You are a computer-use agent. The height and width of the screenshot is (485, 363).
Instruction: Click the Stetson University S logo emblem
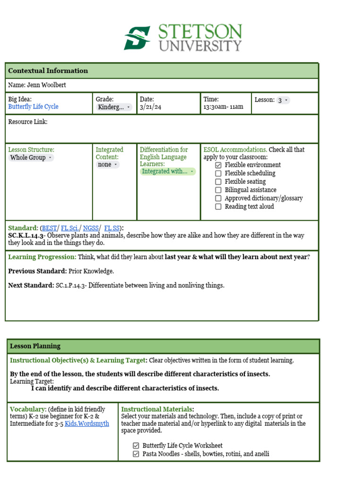137,38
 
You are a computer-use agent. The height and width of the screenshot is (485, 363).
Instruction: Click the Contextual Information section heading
48,71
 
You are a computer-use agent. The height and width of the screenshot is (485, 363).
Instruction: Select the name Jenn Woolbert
37,85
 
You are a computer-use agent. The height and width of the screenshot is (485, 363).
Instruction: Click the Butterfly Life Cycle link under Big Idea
33,107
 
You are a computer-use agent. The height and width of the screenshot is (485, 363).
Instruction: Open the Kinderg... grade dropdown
114,107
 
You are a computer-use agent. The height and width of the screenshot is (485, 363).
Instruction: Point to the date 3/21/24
150,107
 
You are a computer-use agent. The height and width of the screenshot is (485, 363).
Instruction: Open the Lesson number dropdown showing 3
283,100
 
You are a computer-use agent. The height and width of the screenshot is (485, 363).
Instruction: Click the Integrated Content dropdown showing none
108,164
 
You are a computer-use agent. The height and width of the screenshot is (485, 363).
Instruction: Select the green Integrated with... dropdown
168,171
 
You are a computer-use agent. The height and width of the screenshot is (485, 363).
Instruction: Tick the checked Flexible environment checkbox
218,165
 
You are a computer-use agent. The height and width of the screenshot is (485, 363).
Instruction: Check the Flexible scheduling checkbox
218,173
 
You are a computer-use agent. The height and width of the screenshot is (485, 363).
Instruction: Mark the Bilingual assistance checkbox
218,190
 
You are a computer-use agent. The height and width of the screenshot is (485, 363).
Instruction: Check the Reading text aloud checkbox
218,207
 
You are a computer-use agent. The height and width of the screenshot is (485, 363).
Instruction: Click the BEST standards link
49,228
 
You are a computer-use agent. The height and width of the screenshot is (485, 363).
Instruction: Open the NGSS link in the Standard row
91,228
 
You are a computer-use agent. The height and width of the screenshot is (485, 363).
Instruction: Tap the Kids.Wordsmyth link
86,423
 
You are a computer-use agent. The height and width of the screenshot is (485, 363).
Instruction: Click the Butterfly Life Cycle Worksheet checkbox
136,446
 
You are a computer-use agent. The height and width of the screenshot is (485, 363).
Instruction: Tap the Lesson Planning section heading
35,346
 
